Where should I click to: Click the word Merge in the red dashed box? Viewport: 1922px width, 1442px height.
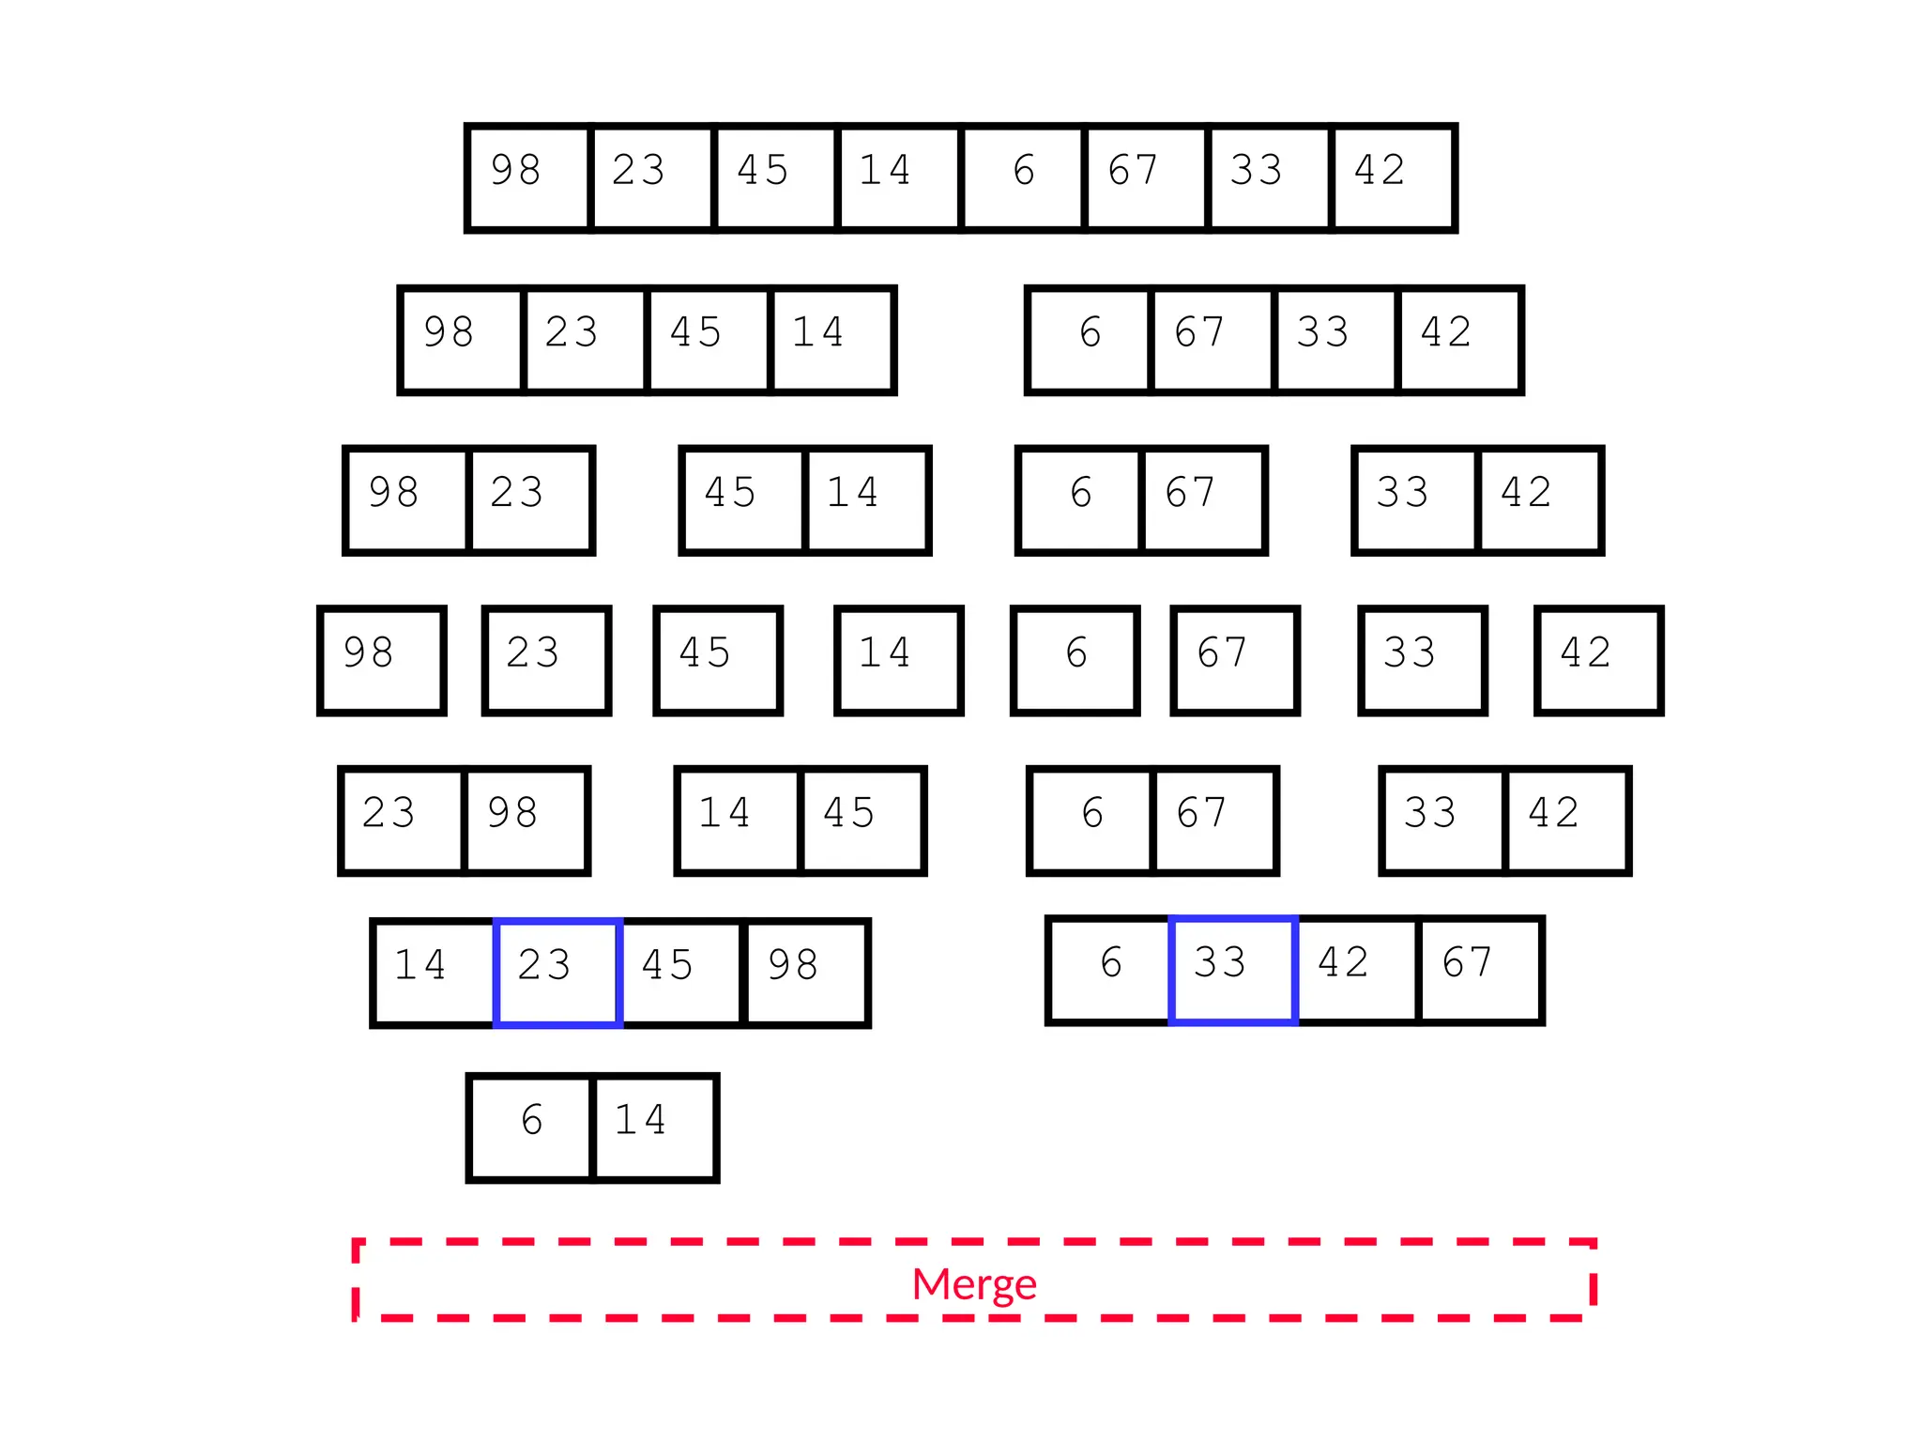click(x=974, y=1283)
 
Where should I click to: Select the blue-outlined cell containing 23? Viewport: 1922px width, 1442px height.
click(x=557, y=972)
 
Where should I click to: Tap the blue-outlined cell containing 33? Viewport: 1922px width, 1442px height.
click(x=1233, y=970)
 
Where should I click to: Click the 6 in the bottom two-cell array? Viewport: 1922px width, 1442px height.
click(x=531, y=1126)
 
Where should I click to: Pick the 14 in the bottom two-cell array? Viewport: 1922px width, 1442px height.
click(x=655, y=1126)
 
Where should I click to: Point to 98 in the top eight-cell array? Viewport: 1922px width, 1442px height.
click(x=527, y=176)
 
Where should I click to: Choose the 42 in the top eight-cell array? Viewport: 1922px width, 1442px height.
click(x=1393, y=176)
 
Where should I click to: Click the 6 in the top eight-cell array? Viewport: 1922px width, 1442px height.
click(x=1023, y=176)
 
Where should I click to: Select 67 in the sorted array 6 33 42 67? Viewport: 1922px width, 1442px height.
click(x=1480, y=970)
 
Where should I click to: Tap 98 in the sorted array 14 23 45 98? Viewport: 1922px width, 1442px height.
click(x=805, y=972)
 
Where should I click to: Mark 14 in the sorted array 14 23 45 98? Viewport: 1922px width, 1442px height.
click(x=434, y=972)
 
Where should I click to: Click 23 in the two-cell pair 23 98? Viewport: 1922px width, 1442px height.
click(x=402, y=820)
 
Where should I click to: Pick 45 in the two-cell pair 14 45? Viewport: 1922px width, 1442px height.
click(x=862, y=820)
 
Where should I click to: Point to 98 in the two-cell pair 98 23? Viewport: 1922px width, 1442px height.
click(x=406, y=499)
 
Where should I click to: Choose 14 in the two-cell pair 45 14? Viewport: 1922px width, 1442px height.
click(x=866, y=499)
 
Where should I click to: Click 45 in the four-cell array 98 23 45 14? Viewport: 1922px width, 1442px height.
click(x=708, y=339)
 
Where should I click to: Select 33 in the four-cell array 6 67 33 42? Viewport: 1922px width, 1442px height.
click(x=1335, y=339)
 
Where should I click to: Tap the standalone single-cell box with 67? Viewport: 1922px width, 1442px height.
click(x=1234, y=660)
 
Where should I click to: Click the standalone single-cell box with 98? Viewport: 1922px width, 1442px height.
click(x=381, y=660)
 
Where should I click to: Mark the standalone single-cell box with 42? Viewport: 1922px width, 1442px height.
click(x=1598, y=660)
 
